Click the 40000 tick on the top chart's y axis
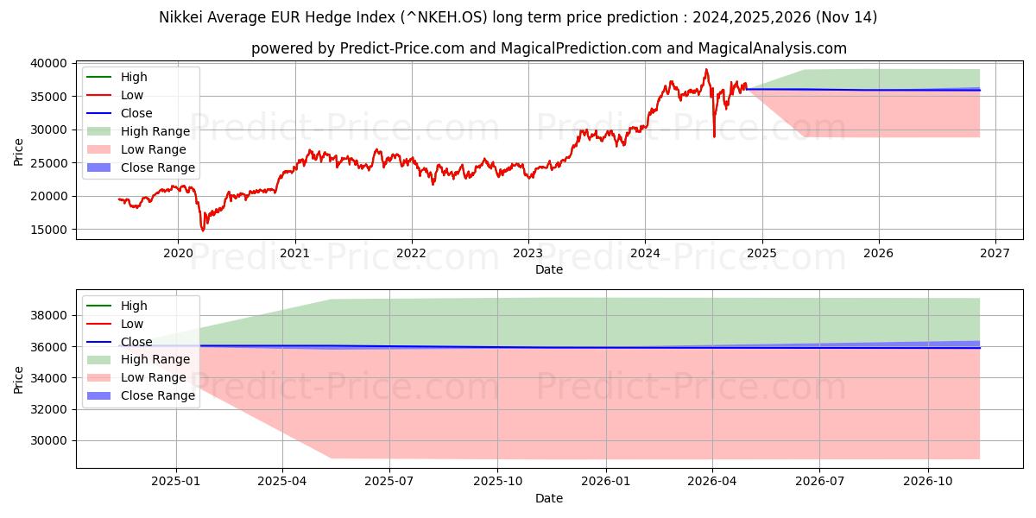pyautogui.click(x=51, y=63)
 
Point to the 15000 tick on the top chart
pyautogui.click(x=51, y=230)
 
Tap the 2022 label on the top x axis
pyautogui.click(x=411, y=254)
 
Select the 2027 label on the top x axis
pyautogui.click(x=995, y=254)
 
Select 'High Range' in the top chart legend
pyautogui.click(x=155, y=131)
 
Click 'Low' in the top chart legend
pyautogui.click(x=132, y=95)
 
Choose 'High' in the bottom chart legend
pyautogui.click(x=134, y=306)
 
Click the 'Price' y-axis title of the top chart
pyautogui.click(x=18, y=151)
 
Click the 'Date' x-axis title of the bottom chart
pyautogui.click(x=549, y=498)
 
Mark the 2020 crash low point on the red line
pyautogui.click(x=203, y=231)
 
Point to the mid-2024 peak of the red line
pyautogui.click(x=706, y=69)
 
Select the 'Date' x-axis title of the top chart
pyautogui.click(x=549, y=269)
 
